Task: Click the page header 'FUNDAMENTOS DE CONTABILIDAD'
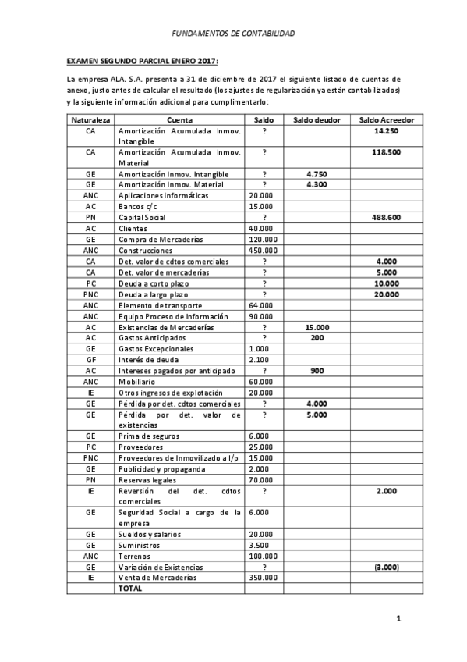[233, 34]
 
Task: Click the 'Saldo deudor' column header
[317, 119]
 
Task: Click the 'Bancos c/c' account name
[138, 206]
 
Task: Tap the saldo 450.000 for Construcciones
[261, 250]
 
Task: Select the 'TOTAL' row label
[129, 589]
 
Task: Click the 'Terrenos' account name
[136, 556]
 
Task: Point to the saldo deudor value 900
[317, 370]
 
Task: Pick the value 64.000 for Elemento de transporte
[261, 304]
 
